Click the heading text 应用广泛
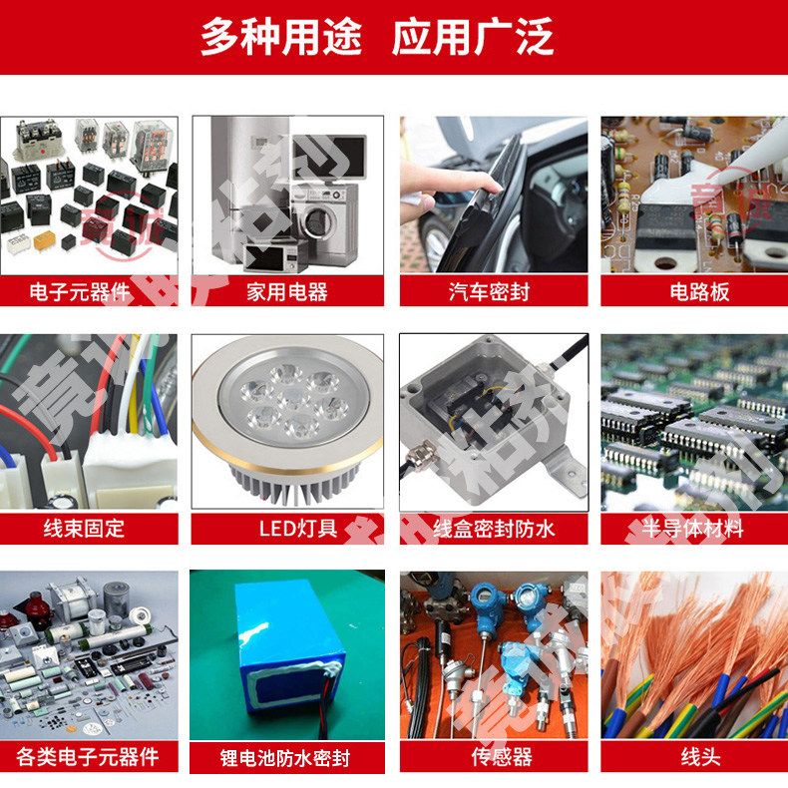(473, 37)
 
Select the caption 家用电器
(287, 291)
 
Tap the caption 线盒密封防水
(494, 529)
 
